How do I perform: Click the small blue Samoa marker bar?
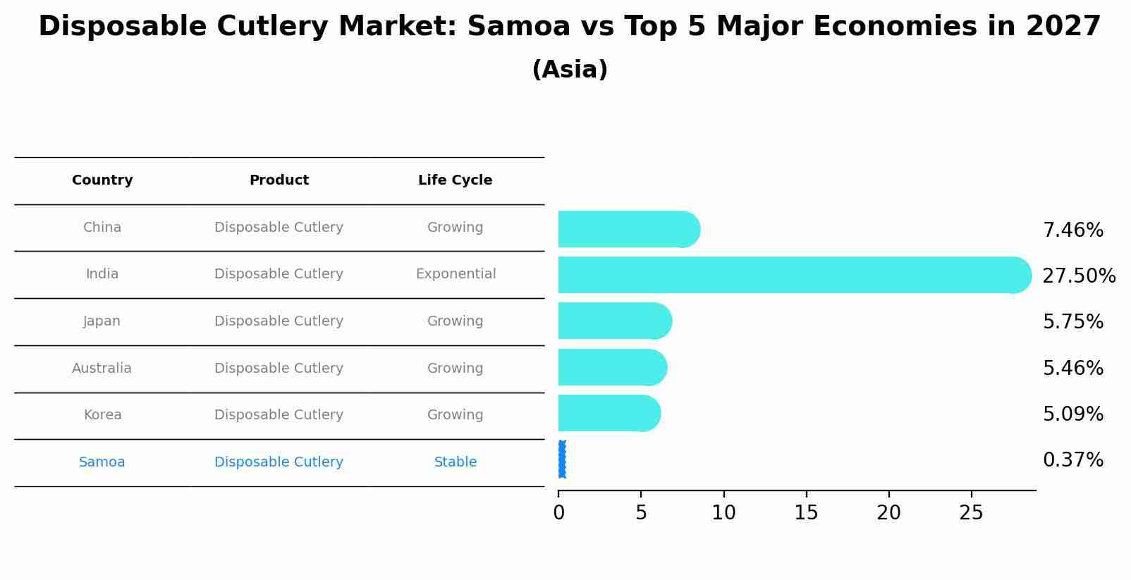pyautogui.click(x=562, y=459)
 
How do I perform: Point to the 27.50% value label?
pyautogui.click(x=1079, y=276)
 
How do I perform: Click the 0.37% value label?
pyautogui.click(x=1072, y=460)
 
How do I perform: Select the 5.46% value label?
pyautogui.click(x=1072, y=368)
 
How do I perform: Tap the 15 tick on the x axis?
pyautogui.click(x=806, y=513)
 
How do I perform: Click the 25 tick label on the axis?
pyautogui.click(x=971, y=513)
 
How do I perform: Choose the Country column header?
pyautogui.click(x=102, y=180)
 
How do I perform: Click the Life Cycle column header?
pyautogui.click(x=455, y=180)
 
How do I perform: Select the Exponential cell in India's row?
pyautogui.click(x=456, y=274)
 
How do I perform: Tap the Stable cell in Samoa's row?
pyautogui.click(x=456, y=462)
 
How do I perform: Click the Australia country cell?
pyautogui.click(x=102, y=369)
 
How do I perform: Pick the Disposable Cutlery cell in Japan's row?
pyautogui.click(x=279, y=321)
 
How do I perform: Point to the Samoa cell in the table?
pyautogui.click(x=102, y=462)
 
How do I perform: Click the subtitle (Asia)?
pyautogui.click(x=570, y=70)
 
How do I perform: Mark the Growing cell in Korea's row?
pyautogui.click(x=455, y=415)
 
